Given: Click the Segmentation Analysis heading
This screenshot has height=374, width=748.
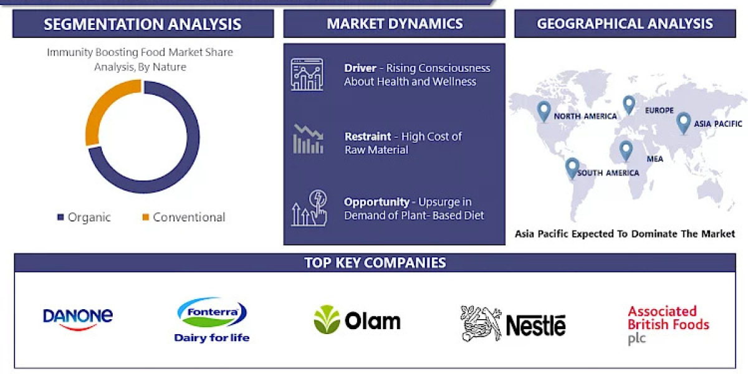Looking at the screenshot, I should (143, 24).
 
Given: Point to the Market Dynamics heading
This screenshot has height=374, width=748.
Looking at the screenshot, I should (395, 24).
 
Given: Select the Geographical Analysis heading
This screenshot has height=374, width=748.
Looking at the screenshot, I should (625, 24).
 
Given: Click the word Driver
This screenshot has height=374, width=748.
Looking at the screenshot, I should (360, 68).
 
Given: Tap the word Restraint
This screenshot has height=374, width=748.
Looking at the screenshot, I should (368, 137).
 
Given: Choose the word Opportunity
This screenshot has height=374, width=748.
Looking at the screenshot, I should (376, 202).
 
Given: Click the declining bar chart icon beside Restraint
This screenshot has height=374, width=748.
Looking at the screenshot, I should (308, 139).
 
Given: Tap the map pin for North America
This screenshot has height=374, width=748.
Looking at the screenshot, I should (544, 110).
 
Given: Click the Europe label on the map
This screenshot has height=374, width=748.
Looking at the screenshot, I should (659, 110).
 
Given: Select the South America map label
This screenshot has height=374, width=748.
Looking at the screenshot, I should (608, 173).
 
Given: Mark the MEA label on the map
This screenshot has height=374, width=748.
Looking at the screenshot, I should (654, 159).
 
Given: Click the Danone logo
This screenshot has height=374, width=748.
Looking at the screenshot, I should (78, 317).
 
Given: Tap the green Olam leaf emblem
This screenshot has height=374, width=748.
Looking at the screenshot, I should (327, 320).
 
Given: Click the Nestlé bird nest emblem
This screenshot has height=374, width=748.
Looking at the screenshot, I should (481, 324).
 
